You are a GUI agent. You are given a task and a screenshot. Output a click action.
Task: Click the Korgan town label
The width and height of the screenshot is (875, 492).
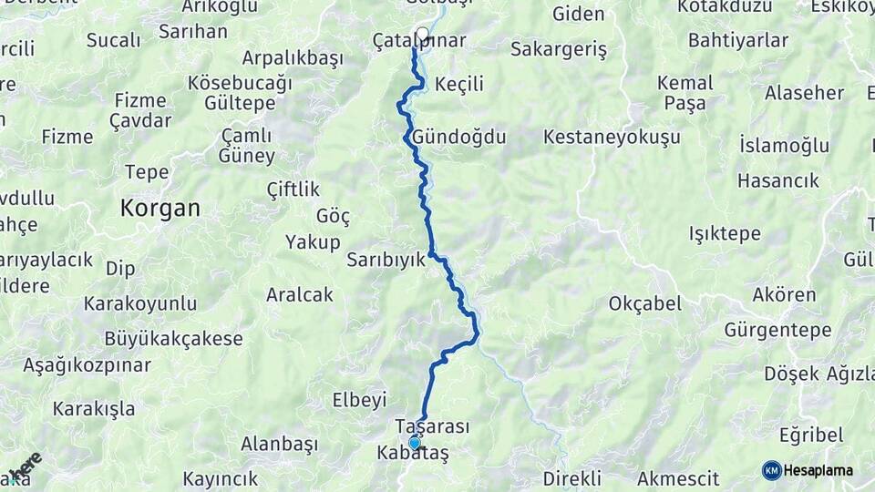[x=160, y=208]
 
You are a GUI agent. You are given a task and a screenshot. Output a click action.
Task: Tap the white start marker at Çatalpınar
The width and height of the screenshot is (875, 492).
[x=422, y=36]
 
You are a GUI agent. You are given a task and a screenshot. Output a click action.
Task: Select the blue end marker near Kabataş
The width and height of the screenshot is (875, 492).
[x=415, y=443]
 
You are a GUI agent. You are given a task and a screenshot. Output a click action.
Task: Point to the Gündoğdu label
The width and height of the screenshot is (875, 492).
[x=458, y=137]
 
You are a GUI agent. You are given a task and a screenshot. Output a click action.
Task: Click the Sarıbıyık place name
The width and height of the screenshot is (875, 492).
[x=386, y=260]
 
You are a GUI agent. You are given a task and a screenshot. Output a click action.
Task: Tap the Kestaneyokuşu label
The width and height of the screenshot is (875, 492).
[x=612, y=137]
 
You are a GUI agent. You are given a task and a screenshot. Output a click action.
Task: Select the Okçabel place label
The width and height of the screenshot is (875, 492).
[x=644, y=303]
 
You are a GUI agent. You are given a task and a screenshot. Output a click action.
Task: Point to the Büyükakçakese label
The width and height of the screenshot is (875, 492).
[x=173, y=339]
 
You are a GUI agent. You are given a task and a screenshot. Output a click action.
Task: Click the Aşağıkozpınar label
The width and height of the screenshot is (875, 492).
[x=87, y=365]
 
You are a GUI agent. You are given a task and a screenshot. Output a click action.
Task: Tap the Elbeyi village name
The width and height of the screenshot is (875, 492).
[x=360, y=399]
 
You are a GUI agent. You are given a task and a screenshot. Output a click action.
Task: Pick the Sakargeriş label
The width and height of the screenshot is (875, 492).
[x=558, y=49]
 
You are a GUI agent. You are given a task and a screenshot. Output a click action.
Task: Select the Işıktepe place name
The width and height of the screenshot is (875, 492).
[x=726, y=233]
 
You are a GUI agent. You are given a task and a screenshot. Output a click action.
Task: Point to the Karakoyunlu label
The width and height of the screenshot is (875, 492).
[x=139, y=302]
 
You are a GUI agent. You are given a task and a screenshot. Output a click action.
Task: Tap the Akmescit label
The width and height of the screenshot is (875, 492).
[x=678, y=478]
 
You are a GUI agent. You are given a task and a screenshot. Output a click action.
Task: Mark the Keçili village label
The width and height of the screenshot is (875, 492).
[x=459, y=85]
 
